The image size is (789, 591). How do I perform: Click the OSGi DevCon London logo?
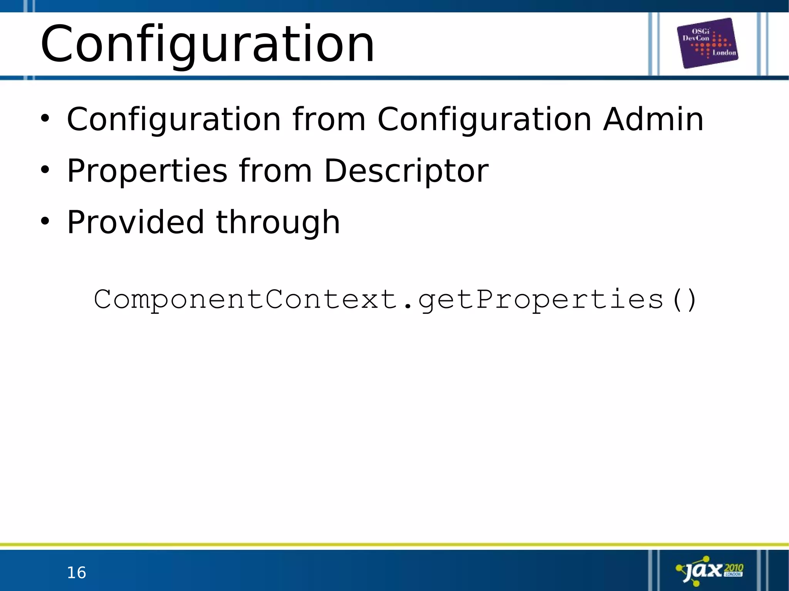coord(707,43)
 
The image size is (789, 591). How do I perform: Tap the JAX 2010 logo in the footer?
coord(710,571)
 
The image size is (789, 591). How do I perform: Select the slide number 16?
coord(76,573)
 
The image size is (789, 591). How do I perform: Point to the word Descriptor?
coord(406,171)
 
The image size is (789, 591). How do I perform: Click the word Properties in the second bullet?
coord(147,171)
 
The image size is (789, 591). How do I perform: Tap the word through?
coord(278,223)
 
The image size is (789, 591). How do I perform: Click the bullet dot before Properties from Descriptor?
coord(45,169)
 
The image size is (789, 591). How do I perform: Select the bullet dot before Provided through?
coord(45,221)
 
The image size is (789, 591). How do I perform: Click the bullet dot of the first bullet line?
coord(45,118)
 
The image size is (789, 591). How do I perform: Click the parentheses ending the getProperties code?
coord(684,300)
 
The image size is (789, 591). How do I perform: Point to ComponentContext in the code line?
coord(246,299)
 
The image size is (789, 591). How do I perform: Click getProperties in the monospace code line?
coord(541,300)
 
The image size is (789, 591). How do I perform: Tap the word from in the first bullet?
coord(329,119)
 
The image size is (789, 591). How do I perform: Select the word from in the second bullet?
coord(275,171)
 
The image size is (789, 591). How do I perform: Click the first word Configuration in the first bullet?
coord(174,119)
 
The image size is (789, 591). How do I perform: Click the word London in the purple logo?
coord(724,53)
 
